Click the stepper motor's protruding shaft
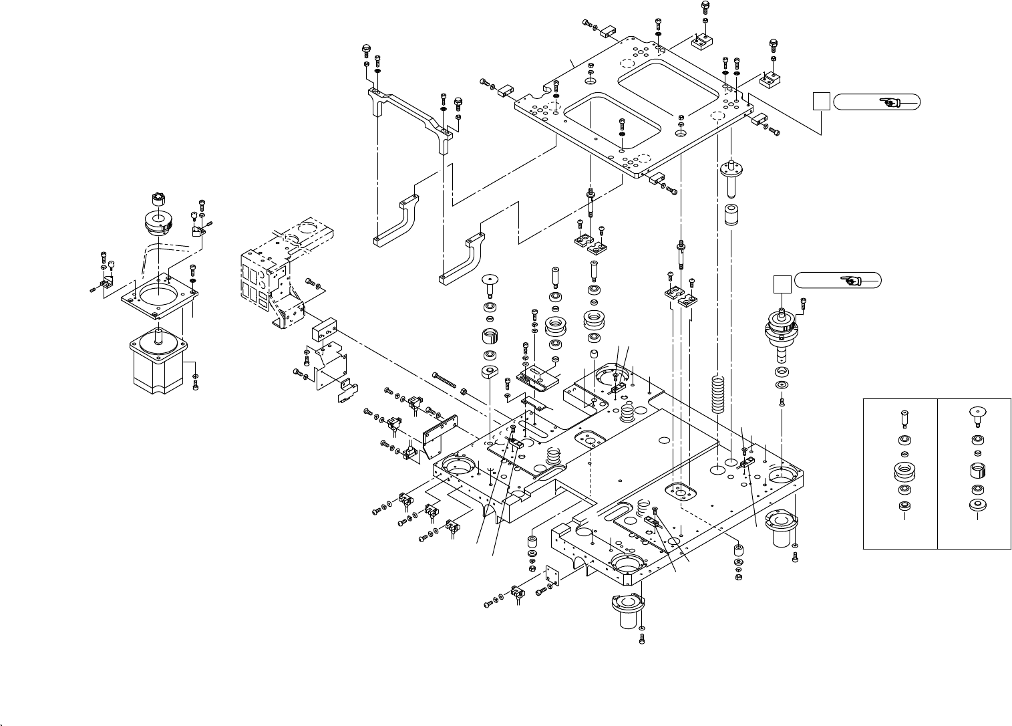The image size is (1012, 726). (x=158, y=335)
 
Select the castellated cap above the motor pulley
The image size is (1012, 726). (x=157, y=199)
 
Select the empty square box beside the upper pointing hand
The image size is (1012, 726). (x=821, y=102)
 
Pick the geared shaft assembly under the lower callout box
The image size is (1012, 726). (x=781, y=335)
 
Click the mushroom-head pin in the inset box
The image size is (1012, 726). (x=977, y=416)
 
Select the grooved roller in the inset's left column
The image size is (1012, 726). (x=904, y=472)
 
